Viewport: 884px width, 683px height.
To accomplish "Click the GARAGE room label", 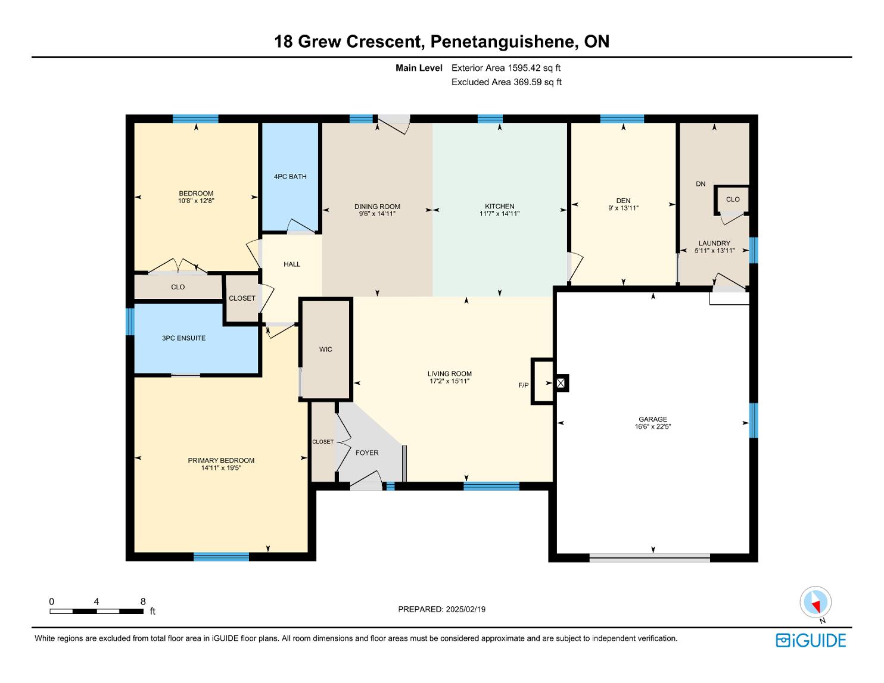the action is tap(652, 419).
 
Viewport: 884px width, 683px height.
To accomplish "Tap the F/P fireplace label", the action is tap(523, 385).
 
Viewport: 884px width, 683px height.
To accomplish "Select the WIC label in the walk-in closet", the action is tap(325, 349).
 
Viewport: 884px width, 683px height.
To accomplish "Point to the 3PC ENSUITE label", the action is tap(183, 338).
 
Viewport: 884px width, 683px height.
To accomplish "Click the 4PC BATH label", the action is tap(290, 176).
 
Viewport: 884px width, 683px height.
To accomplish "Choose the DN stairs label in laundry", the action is tap(701, 184).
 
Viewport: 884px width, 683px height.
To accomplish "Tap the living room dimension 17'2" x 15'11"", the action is tap(450, 381).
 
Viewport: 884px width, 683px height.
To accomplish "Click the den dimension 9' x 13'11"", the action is tap(623, 208).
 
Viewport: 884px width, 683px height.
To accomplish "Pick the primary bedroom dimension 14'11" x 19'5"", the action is tap(221, 467).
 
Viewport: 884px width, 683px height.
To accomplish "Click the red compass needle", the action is tap(815, 607).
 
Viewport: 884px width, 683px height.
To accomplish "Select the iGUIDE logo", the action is tap(811, 640).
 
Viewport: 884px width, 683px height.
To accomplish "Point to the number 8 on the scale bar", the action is tap(143, 601).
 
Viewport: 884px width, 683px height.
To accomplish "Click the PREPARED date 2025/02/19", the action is tap(465, 609).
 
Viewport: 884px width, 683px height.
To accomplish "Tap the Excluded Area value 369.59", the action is tap(528, 82).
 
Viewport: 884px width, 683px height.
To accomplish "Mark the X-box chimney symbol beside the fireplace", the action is tap(561, 383).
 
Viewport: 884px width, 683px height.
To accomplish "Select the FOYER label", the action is tap(367, 453).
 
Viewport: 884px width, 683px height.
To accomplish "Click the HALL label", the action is tap(292, 264).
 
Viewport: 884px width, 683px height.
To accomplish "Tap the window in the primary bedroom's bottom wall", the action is tap(222, 557).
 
